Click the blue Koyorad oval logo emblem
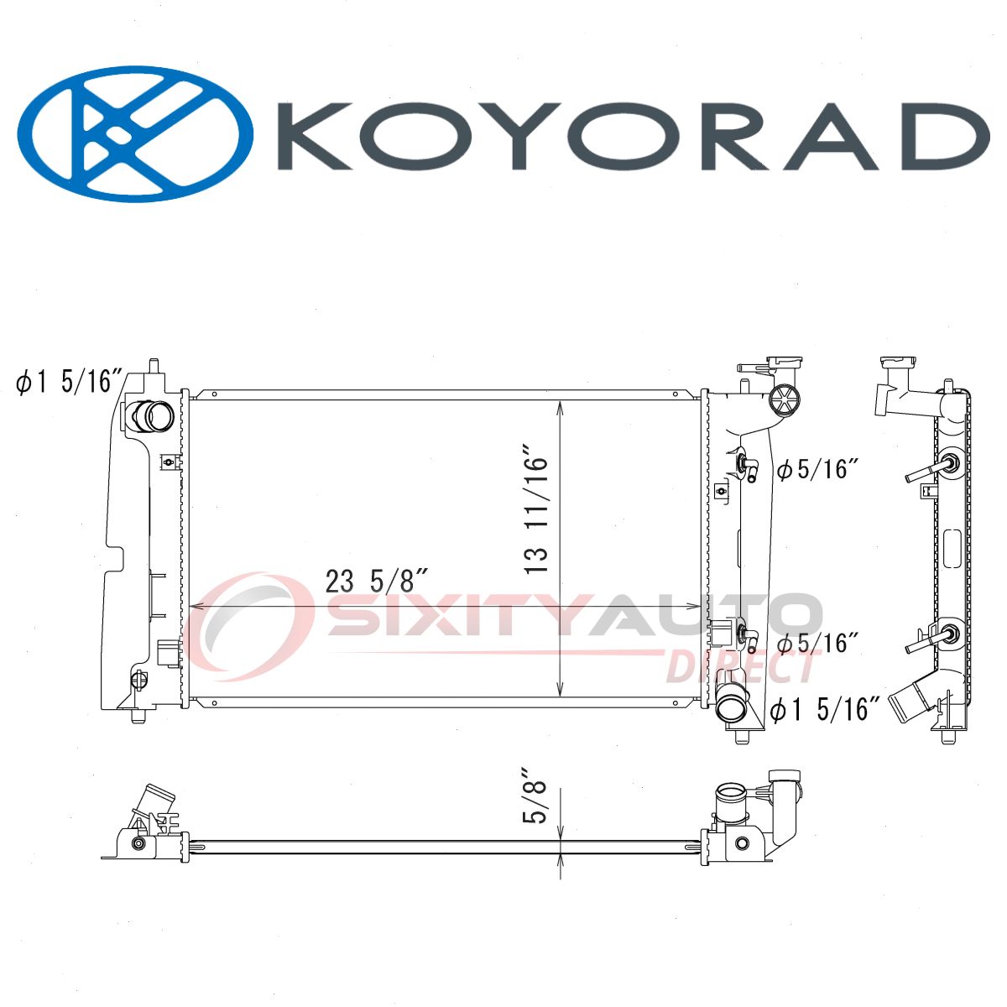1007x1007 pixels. [x=135, y=133]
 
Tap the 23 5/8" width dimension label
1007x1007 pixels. [x=378, y=582]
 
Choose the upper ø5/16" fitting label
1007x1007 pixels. [x=818, y=469]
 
